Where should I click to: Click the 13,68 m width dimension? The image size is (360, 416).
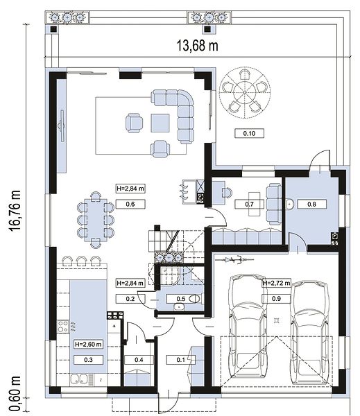point(198,45)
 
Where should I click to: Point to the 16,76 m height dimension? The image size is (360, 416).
point(15,211)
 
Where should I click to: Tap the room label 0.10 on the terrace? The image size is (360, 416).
point(249,133)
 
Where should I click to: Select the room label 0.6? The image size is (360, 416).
point(130,204)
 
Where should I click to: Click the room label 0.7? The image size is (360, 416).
point(249,204)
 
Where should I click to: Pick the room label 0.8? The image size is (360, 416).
point(311,204)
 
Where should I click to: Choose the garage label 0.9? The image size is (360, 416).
point(276,298)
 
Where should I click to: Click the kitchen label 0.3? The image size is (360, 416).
point(88,360)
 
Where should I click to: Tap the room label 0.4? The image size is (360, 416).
point(139,360)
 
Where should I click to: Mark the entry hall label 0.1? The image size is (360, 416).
point(181,360)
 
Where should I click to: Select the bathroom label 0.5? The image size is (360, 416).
point(181,299)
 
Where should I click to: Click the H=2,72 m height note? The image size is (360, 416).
point(276,283)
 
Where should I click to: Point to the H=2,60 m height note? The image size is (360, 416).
point(88,345)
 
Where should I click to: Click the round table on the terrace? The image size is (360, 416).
point(245,93)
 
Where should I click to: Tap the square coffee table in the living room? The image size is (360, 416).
point(160,123)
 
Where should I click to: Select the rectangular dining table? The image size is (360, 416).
point(96,220)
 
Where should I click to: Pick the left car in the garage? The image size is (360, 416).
point(248,326)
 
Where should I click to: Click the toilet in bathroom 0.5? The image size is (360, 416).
point(196,299)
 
